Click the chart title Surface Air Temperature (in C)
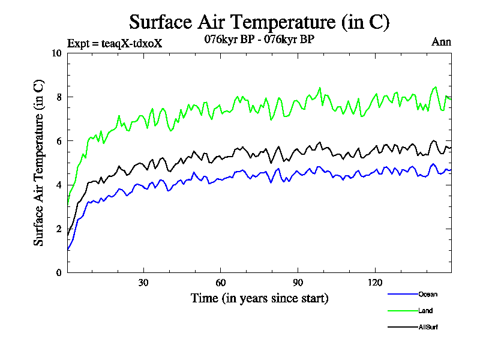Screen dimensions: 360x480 coord(259,22)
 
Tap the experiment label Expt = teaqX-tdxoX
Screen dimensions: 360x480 coord(115,44)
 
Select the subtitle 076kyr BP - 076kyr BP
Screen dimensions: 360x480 coord(259,40)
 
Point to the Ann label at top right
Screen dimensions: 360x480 coord(441,42)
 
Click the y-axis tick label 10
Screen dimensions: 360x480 coord(57,53)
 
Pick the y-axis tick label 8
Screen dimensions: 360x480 coord(59,97)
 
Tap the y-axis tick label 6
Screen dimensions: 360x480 coord(59,141)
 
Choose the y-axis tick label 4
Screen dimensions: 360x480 coord(59,185)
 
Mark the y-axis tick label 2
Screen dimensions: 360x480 coord(59,229)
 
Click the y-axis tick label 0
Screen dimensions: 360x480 coord(59,272)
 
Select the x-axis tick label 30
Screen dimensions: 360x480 coord(144,283)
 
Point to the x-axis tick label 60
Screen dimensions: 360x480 coord(221,283)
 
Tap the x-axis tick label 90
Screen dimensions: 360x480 coord(298,283)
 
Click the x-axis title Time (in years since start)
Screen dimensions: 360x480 coord(259,298)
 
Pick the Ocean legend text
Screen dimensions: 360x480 coord(428,294)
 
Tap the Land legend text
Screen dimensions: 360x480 coord(425,311)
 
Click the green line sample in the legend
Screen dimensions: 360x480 coord(402,311)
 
